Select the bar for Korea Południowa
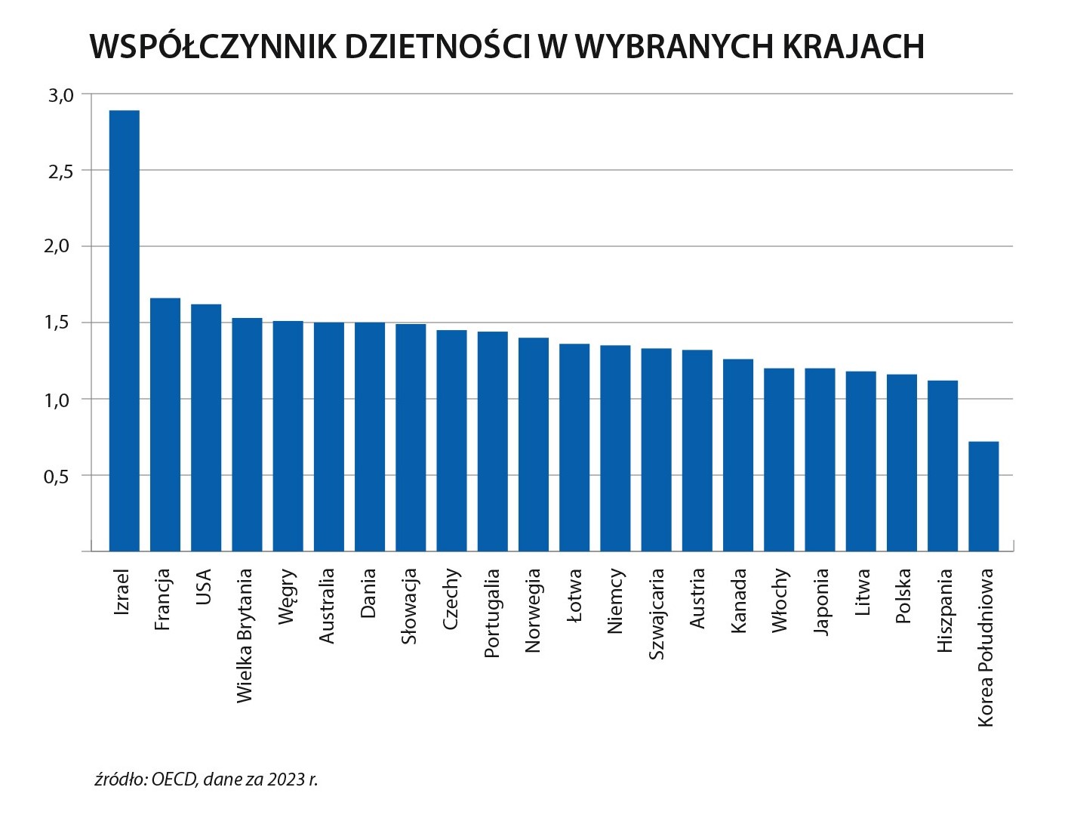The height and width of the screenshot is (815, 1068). click(x=983, y=496)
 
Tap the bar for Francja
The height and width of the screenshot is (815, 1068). click(x=165, y=424)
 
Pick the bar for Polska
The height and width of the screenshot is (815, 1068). click(x=902, y=462)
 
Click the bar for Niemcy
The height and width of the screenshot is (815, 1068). click(x=615, y=448)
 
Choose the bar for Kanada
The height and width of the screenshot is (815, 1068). click(x=738, y=455)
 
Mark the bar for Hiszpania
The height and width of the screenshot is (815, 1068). click(x=943, y=465)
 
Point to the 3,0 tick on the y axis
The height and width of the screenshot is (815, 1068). click(x=60, y=95)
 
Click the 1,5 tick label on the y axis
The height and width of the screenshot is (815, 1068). click(x=60, y=323)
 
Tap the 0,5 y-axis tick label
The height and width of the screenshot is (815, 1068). click(x=60, y=477)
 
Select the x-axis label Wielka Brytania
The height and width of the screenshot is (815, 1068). click(x=245, y=636)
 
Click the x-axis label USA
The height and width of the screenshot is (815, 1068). click(x=204, y=588)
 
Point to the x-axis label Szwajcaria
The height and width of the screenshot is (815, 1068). click(x=657, y=614)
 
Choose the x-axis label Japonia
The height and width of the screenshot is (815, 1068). click(x=820, y=602)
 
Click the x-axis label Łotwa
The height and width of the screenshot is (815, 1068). click(x=575, y=596)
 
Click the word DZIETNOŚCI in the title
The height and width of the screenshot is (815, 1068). click(x=436, y=47)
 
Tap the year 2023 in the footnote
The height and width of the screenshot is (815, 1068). click(x=284, y=779)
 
